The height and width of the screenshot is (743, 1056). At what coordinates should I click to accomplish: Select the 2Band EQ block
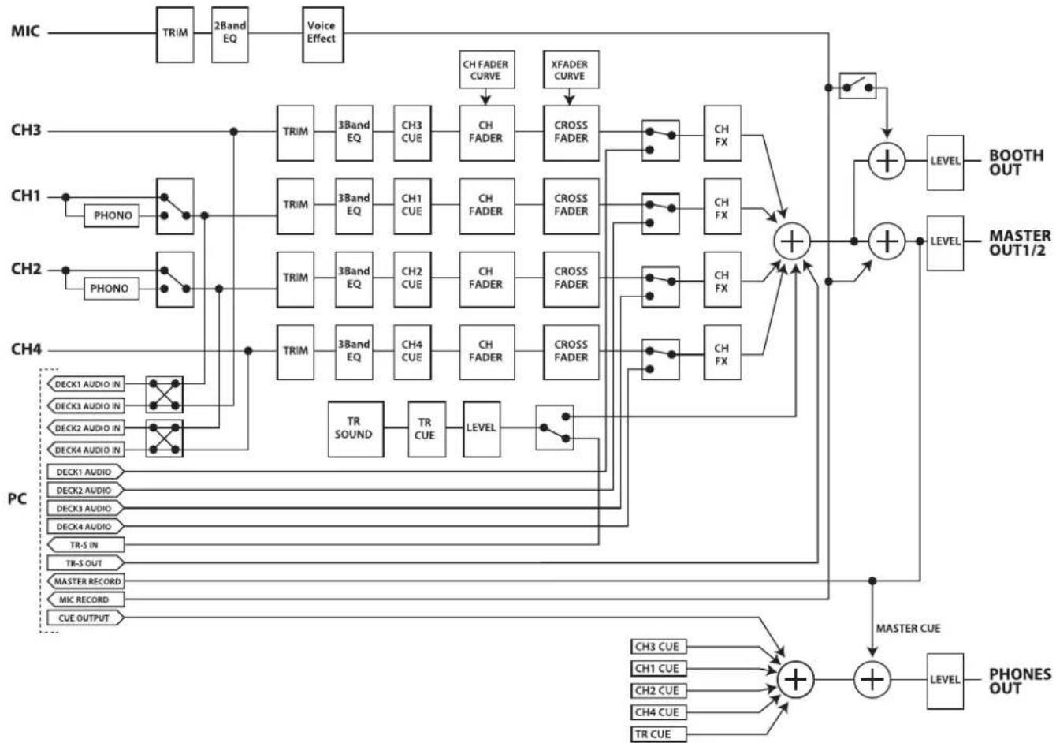point(229,33)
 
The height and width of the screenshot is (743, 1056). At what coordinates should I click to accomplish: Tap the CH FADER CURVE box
point(485,70)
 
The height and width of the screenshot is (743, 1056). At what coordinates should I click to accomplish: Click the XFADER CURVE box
point(569,70)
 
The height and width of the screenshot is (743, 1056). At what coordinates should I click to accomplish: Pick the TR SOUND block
point(354,428)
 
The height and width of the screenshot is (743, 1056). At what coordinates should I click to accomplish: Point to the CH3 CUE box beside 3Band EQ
point(411,132)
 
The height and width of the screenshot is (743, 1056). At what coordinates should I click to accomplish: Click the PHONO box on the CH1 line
point(113,215)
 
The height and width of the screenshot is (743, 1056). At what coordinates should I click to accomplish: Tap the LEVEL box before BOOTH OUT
point(944,162)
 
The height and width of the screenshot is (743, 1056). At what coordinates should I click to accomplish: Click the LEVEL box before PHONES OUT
point(944,680)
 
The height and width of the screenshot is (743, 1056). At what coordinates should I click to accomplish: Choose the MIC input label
point(25,33)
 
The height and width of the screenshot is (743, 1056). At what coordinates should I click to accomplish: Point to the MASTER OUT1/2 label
point(1019,243)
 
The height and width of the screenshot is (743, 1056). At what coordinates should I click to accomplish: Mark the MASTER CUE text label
point(908,629)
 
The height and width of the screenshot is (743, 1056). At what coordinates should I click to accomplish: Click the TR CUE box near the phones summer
point(659,734)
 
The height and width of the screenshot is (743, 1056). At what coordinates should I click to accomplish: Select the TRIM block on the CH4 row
point(296,351)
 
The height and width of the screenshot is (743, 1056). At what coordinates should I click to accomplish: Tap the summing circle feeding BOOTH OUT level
point(888,161)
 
